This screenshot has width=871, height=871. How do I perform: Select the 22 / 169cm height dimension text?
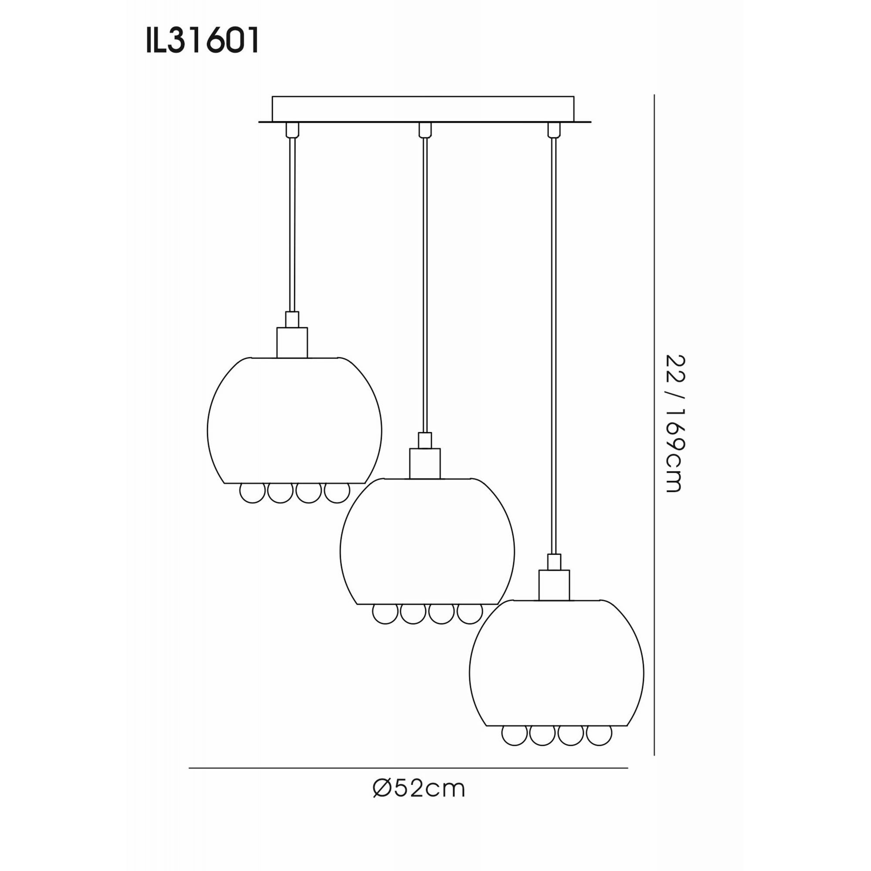click(675, 423)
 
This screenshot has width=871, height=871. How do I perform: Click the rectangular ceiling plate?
click(423, 109)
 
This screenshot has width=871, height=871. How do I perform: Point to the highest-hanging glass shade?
click(294, 422)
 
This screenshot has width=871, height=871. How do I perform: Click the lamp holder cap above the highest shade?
click(292, 342)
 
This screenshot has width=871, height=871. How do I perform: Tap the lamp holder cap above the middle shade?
click(425, 463)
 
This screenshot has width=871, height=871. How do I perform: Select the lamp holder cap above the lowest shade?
click(554, 585)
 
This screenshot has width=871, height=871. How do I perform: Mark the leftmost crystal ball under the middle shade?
click(385, 614)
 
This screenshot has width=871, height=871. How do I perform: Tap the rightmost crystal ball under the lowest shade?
click(599, 735)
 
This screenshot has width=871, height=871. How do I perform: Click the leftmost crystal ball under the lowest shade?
click(514, 735)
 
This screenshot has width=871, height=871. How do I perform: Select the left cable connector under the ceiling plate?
click(292, 130)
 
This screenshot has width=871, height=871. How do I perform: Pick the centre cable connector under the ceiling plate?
click(425, 130)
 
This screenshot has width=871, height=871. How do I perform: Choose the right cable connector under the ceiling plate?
click(554, 130)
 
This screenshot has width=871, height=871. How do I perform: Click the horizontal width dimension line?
click(408, 768)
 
